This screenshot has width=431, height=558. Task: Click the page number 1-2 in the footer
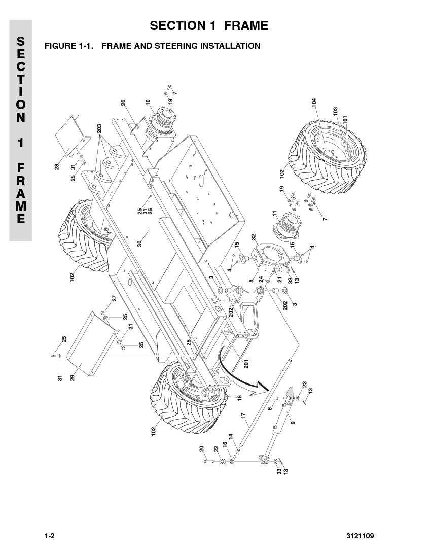tap(49, 536)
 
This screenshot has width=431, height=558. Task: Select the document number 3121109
tap(360, 536)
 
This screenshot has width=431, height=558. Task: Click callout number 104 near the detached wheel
tap(314, 102)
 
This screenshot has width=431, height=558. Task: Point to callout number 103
tap(335, 111)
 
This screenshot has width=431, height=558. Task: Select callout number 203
tap(99, 128)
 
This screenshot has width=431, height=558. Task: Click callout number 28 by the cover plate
tap(57, 166)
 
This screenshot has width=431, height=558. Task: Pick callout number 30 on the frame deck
tap(139, 243)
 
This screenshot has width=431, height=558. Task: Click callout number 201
tap(246, 364)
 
